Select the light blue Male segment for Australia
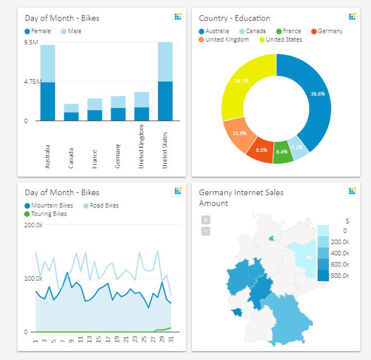pos(48,64)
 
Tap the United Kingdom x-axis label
pos(142,147)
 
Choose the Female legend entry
pos(38,31)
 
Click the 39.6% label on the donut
pos(318,94)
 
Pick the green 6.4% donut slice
pos(283,153)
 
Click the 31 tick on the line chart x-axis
pos(171,340)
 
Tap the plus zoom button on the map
pos(206,220)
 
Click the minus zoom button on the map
pos(206,231)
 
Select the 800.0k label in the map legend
pos(340,276)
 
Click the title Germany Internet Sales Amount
pos(241,197)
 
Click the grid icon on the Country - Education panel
pos(352,17)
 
